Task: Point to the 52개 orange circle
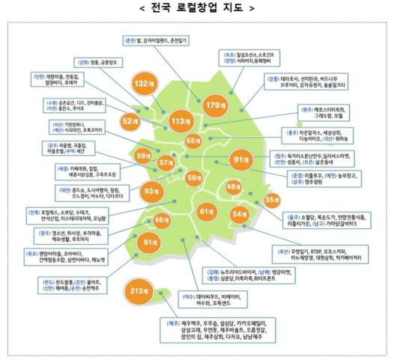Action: coord(130,120)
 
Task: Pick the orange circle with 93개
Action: coord(153,192)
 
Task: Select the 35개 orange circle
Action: coord(271,201)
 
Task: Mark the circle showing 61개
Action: coord(207,213)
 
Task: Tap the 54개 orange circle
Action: coord(240,214)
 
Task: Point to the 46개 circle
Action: coord(161,220)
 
